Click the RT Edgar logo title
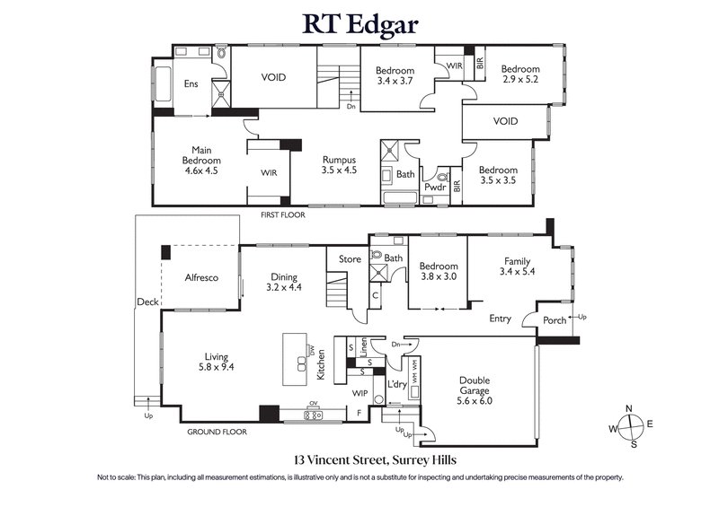(x=359, y=24)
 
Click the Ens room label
(x=191, y=84)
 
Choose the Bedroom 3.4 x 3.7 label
(x=395, y=76)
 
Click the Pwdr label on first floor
(x=436, y=188)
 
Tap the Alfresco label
(x=201, y=278)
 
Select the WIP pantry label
(x=359, y=392)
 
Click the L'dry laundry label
(x=396, y=384)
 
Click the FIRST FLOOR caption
(x=283, y=215)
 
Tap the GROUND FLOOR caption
(x=217, y=432)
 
